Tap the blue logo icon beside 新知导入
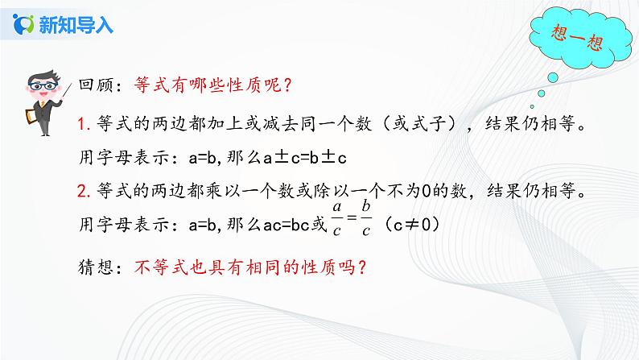(26, 24)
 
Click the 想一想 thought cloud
(572, 41)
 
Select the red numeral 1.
(82, 124)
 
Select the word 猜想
(94, 267)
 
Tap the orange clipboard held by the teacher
(34, 114)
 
